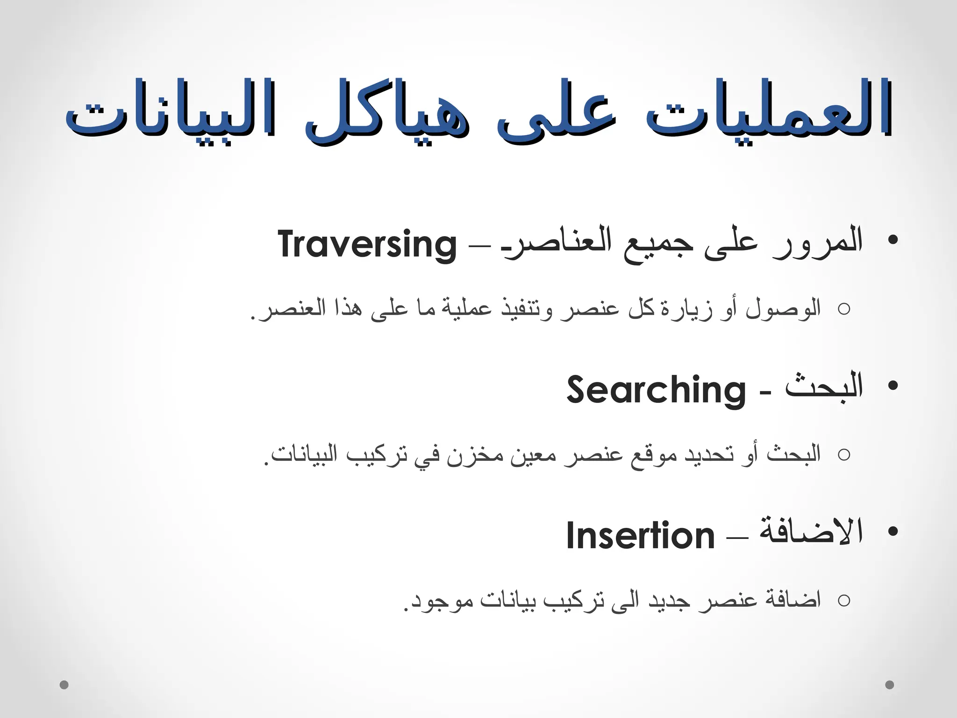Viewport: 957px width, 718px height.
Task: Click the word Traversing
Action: (x=367, y=244)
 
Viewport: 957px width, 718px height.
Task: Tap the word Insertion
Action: (x=640, y=536)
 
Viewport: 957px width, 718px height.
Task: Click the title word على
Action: (x=556, y=112)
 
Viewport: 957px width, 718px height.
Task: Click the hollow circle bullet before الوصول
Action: (x=844, y=309)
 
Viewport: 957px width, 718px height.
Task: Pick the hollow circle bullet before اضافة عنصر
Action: (x=844, y=600)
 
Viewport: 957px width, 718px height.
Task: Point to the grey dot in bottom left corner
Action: (x=64, y=685)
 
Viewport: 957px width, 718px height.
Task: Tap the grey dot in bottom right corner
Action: (x=890, y=685)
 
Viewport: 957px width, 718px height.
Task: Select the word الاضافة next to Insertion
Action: (x=811, y=533)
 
